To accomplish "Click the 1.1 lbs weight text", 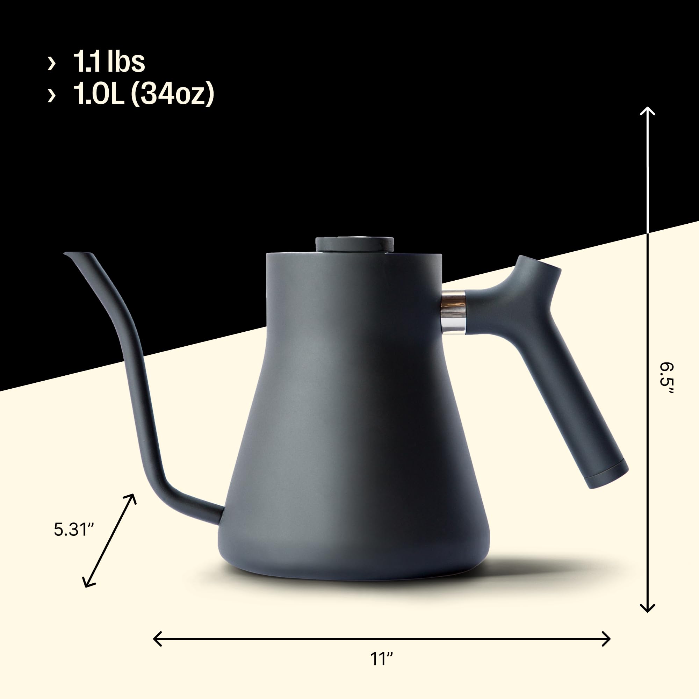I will pyautogui.click(x=109, y=62).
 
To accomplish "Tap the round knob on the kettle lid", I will pyautogui.click(x=354, y=244).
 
